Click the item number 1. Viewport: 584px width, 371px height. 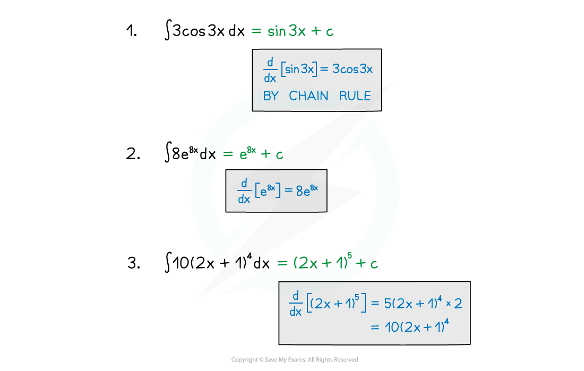[132, 31]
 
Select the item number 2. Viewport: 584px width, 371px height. [133, 154]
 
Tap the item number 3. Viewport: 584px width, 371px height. [134, 263]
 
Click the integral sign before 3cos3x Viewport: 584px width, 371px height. [168, 30]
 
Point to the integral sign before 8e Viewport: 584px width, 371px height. [168, 152]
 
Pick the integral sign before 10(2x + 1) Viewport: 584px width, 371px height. [168, 262]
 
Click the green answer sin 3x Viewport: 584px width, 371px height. [286, 31]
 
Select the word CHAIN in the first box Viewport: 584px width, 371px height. [308, 96]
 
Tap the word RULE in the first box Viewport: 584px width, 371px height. [355, 96]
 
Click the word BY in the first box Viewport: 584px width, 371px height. [271, 96]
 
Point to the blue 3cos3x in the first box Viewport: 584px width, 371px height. [353, 69]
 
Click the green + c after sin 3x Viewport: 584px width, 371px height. [322, 31]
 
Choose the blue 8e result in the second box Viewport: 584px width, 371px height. [307, 190]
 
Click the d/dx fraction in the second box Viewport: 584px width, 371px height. [244, 191]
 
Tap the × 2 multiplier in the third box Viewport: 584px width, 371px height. [454, 304]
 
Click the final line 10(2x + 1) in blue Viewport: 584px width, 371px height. [417, 326]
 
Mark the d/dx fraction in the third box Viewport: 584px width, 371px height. [295, 304]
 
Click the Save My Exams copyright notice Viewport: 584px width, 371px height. [295, 359]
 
